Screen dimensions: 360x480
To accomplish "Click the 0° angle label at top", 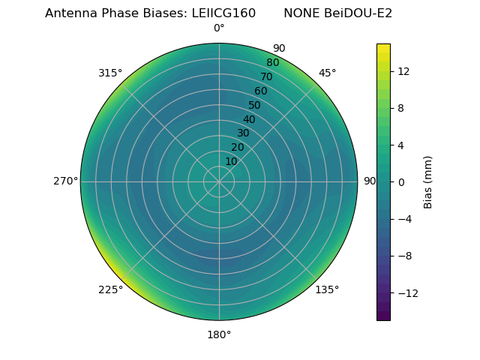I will point(219,28).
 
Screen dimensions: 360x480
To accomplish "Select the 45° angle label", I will point(327,73).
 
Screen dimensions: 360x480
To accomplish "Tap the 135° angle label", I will point(327,289).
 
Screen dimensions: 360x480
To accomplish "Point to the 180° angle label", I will point(219,334).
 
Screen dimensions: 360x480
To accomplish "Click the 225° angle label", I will point(110,289).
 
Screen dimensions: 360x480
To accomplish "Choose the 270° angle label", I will point(65,181).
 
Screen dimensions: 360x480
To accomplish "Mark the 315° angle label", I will point(110,73).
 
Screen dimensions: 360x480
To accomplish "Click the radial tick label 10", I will point(231,161).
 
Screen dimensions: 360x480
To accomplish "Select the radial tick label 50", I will point(255,105).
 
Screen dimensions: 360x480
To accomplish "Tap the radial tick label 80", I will point(272,63).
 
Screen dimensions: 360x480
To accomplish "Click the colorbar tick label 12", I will point(403,71).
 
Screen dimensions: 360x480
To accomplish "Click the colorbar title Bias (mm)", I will point(428,181).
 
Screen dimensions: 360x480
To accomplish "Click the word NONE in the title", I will point(300,13).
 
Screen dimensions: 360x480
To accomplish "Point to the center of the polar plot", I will point(219,181).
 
